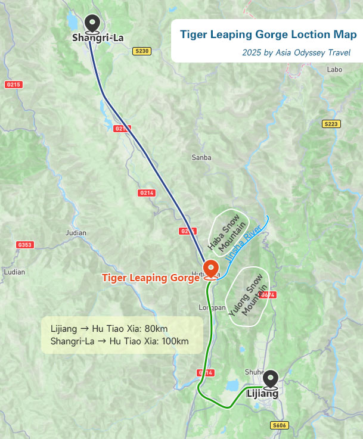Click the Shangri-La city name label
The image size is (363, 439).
(98, 38)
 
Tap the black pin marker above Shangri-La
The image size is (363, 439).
(92, 24)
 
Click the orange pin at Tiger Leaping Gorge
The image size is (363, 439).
(210, 269)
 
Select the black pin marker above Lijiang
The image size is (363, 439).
(271, 379)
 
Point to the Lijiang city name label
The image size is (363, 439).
(262, 394)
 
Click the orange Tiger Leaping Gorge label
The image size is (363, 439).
(150, 278)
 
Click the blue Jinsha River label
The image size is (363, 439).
(245, 243)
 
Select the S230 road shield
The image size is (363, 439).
(141, 51)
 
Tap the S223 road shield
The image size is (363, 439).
(331, 124)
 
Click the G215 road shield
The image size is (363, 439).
(13, 85)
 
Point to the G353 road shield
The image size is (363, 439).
(25, 245)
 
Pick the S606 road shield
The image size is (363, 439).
(279, 425)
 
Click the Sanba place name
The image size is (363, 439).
(201, 158)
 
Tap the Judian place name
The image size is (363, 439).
(76, 233)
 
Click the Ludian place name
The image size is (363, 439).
(14, 272)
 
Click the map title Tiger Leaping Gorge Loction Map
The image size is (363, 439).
(268, 35)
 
